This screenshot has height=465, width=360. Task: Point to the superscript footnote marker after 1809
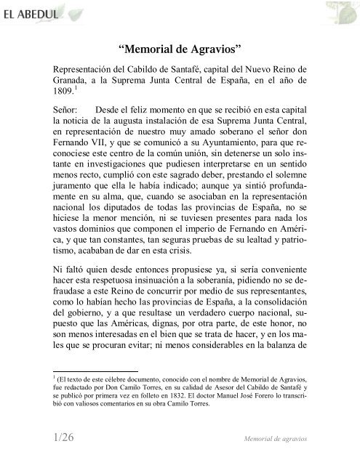tap(72, 91)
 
